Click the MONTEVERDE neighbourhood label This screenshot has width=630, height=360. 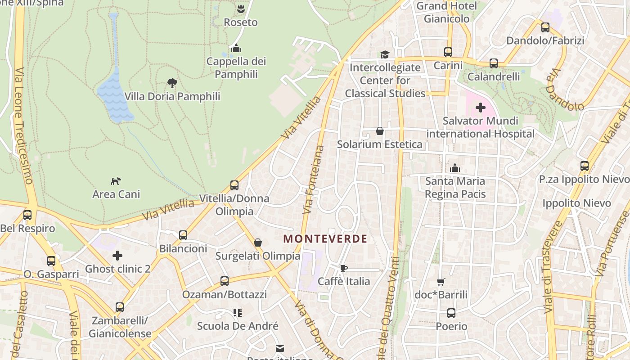pos(325,239)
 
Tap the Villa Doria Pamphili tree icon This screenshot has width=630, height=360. pos(172,83)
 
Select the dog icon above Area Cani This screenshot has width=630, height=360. pos(116,181)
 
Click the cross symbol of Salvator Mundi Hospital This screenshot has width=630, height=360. pos(481,108)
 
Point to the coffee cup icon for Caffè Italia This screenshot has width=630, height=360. pos(344,269)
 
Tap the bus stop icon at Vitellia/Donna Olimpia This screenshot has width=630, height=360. pos(234,185)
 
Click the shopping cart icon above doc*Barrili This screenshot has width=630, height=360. pos(441,282)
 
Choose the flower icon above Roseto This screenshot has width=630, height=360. pos(241,9)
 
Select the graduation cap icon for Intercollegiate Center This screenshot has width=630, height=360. pos(385,54)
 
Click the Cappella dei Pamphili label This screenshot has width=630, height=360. pos(236,67)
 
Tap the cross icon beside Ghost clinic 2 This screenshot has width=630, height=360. pos(117,256)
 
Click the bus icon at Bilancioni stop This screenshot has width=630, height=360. pos(183,235)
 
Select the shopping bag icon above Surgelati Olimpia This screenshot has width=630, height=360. pos(258,243)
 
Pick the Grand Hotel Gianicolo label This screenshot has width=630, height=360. pos(446,12)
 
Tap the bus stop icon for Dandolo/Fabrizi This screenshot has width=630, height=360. pos(545,27)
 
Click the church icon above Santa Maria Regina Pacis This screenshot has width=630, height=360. pos(455,168)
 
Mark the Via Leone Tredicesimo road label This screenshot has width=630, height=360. pos(23,126)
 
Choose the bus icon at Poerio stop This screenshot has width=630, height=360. pos(451,313)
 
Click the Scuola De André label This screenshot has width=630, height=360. pos(238,326)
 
